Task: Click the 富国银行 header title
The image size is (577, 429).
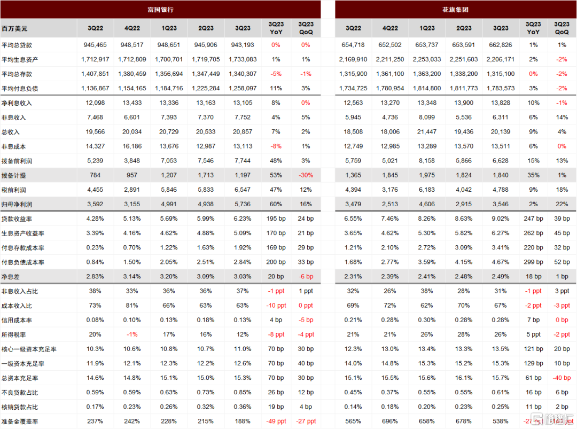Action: [x=160, y=10]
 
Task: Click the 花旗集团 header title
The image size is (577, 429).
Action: [x=455, y=10]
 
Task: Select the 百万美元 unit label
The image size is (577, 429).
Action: [x=14, y=28]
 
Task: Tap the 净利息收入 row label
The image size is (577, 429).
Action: [x=17, y=103]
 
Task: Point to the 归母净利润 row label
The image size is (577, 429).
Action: [x=17, y=204]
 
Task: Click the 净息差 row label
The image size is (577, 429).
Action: [x=11, y=277]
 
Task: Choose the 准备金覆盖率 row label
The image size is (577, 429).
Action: [x=20, y=422]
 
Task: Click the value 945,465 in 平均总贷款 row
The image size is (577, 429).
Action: [x=95, y=45]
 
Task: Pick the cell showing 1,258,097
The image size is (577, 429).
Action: [x=243, y=88]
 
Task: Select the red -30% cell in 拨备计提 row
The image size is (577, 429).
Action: [x=306, y=175]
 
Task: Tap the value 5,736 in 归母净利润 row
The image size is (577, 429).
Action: [x=243, y=204]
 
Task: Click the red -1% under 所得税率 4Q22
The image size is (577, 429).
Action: [x=132, y=334]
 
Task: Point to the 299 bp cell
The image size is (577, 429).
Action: [x=533, y=262]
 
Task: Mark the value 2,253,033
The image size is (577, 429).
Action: [x=427, y=59]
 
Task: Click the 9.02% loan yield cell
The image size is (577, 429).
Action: [x=501, y=219]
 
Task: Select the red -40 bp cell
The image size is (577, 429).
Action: [x=562, y=378]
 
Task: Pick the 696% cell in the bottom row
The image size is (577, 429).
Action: [x=390, y=422]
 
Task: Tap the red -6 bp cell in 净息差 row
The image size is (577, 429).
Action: [x=306, y=276]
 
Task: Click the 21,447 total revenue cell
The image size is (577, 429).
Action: [x=427, y=132]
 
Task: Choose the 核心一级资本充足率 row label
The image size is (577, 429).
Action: [x=29, y=349]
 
